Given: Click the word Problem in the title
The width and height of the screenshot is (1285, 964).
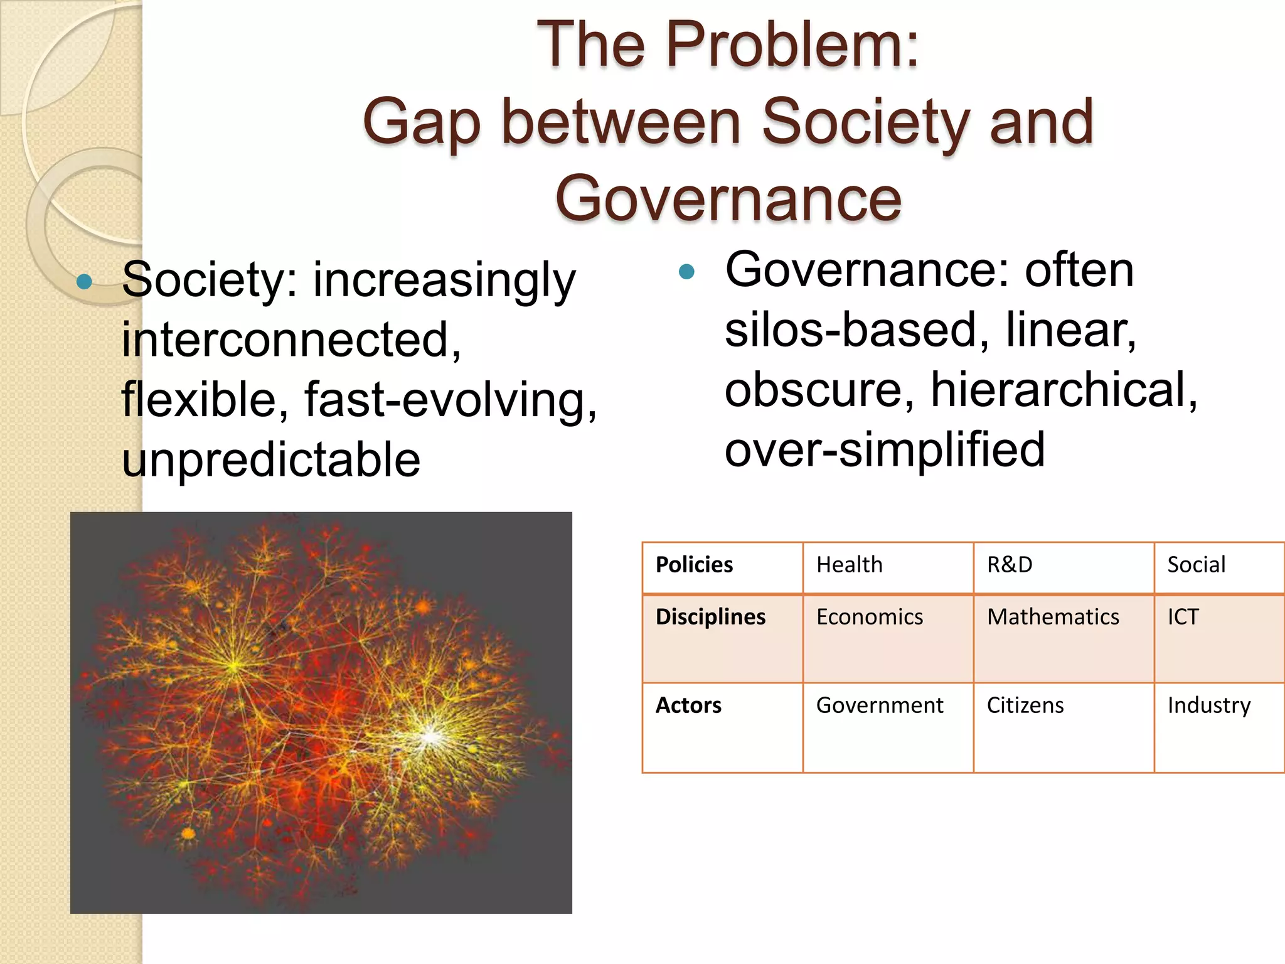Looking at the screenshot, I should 792,45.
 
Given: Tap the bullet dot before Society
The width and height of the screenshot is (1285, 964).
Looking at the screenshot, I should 84,281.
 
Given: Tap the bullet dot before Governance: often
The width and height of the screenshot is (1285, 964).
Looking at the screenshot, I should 687,272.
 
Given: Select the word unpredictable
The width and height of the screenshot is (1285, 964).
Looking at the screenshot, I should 271,460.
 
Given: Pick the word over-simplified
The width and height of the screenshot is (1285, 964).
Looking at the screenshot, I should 885,449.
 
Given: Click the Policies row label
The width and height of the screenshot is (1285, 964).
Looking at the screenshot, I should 694,565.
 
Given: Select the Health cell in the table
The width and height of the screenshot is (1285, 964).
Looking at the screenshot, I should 849,565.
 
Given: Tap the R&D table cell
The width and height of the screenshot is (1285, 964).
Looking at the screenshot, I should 1009,565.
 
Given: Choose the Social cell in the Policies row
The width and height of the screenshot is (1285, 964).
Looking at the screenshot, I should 1196,565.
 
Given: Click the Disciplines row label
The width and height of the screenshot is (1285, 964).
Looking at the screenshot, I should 710,617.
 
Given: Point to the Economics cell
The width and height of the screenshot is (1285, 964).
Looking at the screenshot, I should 869,617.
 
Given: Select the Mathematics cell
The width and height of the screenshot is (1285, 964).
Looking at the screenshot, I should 1053,617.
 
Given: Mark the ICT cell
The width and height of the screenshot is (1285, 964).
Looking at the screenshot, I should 1183,617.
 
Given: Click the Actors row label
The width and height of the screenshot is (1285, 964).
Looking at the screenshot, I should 688,705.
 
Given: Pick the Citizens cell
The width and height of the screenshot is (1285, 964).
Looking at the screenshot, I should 1025,705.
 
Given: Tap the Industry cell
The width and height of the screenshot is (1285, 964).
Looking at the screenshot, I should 1208,705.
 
